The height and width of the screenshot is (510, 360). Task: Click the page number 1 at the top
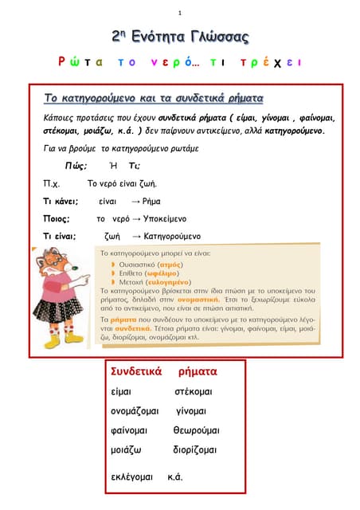point(180,13)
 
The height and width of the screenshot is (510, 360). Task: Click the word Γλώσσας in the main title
point(214,37)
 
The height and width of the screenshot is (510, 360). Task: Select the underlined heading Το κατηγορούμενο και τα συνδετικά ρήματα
point(154,98)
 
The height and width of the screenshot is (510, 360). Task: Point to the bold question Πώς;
point(76,165)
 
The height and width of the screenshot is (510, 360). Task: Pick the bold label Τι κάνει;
point(60,201)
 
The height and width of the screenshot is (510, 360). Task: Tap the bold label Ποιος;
point(57,218)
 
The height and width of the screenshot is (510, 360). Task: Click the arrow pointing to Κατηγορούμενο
point(136,236)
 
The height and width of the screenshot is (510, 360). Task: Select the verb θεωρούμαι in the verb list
point(196,430)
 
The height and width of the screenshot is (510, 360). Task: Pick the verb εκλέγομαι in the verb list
point(131,477)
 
